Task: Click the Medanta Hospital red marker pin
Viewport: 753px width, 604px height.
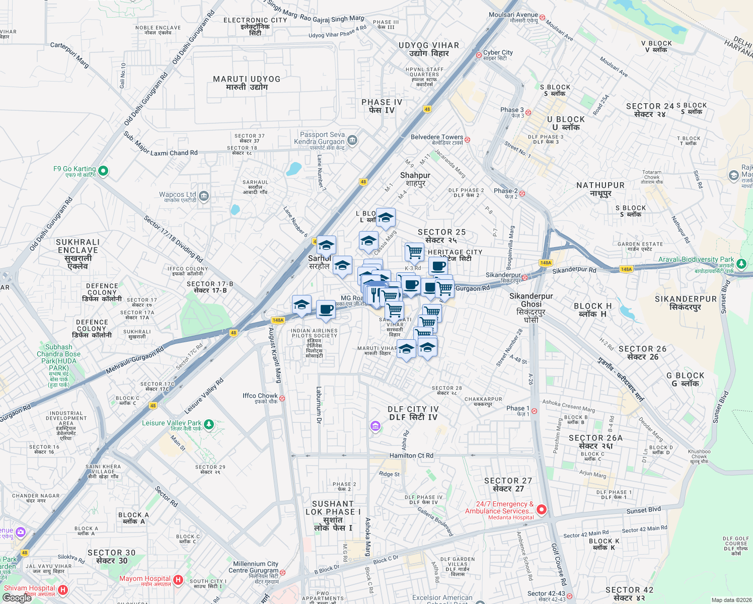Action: point(542,509)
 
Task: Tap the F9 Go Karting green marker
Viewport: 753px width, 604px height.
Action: point(103,171)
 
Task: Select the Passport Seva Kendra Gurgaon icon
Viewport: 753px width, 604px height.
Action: point(352,140)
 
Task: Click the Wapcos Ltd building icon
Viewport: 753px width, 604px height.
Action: point(203,196)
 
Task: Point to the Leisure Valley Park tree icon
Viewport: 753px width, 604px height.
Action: point(208,424)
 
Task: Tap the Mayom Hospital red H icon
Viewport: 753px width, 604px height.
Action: point(178,580)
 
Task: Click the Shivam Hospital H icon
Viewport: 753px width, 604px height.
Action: point(62,589)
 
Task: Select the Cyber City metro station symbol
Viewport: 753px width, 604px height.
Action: point(479,55)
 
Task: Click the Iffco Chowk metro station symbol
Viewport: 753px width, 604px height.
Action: point(282,398)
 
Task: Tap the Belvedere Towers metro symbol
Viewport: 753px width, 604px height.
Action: point(467,139)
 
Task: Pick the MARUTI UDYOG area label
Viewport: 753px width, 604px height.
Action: point(247,83)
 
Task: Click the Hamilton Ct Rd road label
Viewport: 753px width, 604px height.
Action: point(411,456)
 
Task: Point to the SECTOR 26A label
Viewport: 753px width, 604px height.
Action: point(595,442)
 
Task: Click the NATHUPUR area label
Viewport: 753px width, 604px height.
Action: point(600,189)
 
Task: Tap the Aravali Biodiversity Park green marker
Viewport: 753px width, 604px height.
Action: point(741,263)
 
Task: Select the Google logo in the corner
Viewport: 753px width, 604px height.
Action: point(17,598)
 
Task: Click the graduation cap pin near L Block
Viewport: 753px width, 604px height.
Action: point(386,218)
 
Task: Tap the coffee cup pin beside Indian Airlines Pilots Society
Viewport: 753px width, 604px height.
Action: point(326,309)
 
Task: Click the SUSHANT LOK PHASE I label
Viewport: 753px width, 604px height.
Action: point(333,515)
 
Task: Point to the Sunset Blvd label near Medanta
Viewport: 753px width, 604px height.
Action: point(643,510)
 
